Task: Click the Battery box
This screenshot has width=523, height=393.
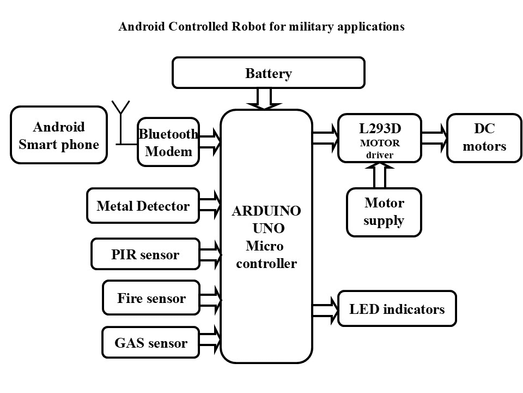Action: point(268,73)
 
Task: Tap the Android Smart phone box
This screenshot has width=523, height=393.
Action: point(59,135)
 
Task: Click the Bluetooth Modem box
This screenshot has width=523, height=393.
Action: point(168,142)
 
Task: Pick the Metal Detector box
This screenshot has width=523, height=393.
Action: point(143,206)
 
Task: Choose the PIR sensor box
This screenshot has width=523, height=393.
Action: point(145,254)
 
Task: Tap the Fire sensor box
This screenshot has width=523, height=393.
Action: point(151,298)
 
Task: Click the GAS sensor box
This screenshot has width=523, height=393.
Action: point(150,343)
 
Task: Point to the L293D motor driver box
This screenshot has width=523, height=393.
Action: point(379,138)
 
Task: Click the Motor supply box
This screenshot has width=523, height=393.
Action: point(384,212)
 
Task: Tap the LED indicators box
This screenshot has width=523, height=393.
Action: point(397,309)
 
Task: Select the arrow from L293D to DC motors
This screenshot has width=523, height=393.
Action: point(434,138)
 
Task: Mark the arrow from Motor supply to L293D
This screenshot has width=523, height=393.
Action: point(379,175)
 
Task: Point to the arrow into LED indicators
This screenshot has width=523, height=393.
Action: point(325,309)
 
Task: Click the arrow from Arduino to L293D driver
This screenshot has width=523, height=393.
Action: point(325,138)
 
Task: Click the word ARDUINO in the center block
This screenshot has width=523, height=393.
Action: point(267,211)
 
